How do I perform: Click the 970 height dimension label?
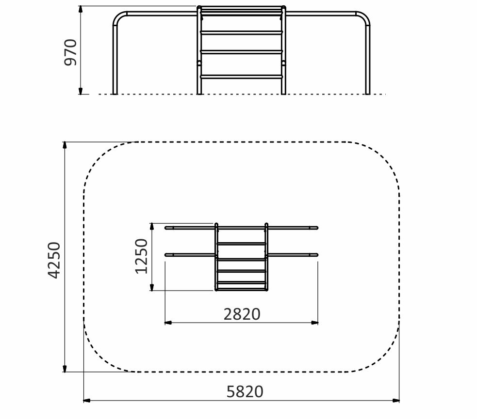click(70, 52)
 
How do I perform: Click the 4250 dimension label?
click(54, 260)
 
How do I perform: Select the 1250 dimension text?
click(141, 256)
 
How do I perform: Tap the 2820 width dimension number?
click(242, 314)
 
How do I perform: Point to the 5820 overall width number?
click(245, 392)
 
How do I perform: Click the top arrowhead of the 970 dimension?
click(81, 9)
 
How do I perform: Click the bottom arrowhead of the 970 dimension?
click(81, 91)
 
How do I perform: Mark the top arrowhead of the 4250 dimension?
click(65, 145)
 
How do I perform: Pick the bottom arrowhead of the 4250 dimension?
click(65, 368)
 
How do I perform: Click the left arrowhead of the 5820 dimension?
click(87, 401)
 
